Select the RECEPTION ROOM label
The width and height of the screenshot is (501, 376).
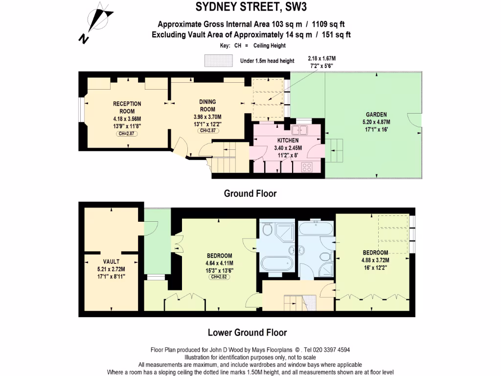pos(127,107)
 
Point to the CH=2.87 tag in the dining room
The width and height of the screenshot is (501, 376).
pos(208,131)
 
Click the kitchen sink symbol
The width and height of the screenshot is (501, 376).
pos(298,130)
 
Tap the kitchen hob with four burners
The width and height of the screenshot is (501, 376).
pos(307,167)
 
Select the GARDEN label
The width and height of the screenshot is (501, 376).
pos(376,115)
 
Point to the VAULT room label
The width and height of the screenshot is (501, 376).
pos(111,261)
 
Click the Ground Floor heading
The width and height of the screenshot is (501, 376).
pos(250,193)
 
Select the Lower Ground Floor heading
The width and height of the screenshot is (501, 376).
pos(247,332)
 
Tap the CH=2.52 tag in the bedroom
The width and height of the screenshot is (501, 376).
pos(219,277)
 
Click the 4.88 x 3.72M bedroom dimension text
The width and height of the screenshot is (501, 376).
pos(375,260)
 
